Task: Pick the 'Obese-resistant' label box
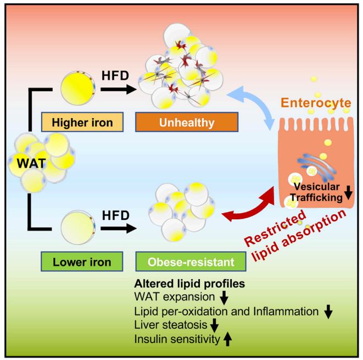pyautogui.click(x=177, y=262)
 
